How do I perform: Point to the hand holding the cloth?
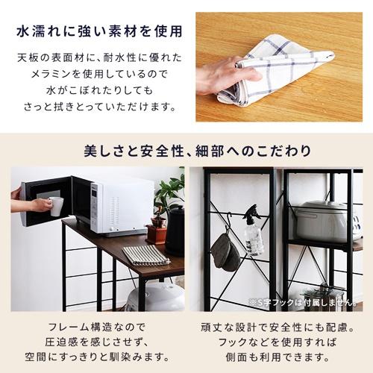pyautogui.click(x=223, y=74)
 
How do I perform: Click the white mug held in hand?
pyautogui.click(x=57, y=206)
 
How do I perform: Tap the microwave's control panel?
pyautogui.click(x=95, y=210)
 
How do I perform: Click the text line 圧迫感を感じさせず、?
pyautogui.click(x=98, y=342)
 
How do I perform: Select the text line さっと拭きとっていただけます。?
pyautogui.click(x=96, y=106)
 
